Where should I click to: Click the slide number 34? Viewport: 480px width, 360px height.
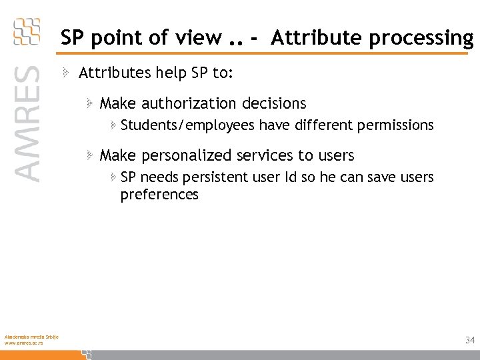470,340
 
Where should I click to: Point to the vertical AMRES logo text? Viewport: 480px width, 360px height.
27,123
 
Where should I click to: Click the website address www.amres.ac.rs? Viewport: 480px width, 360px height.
24,343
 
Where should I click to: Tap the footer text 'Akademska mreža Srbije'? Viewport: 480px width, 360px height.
31,336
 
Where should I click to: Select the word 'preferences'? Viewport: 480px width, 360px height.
159,195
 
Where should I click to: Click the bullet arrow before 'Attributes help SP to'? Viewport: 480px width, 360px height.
68,72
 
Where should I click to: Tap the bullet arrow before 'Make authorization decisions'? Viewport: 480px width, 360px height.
89,103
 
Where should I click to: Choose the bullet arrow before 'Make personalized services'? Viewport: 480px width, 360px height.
89,155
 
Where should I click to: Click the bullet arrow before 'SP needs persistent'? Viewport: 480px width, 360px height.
113,177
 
